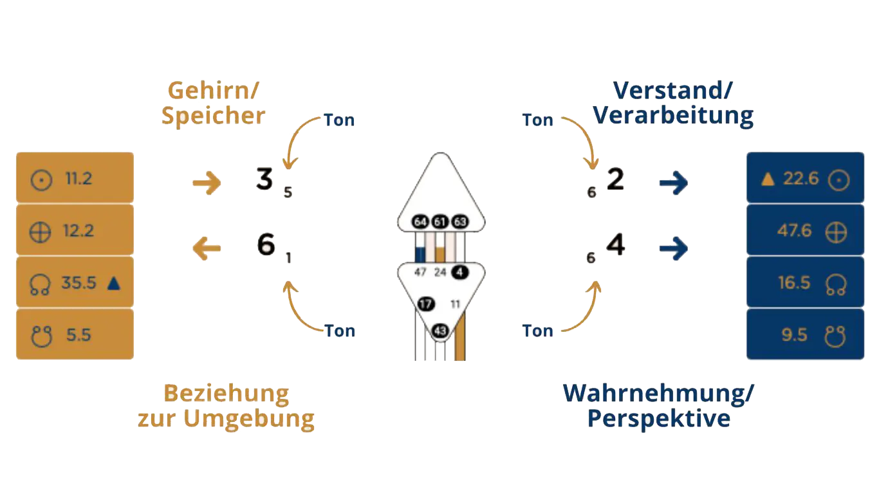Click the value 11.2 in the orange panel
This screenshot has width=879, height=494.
pos(79,179)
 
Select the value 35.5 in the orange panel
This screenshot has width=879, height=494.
pos(79,283)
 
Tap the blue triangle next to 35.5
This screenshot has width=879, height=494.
pos(115,283)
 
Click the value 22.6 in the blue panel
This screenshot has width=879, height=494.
pos(800,179)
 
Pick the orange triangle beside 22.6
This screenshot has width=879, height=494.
pos(767,179)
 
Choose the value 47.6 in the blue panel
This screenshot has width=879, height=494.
pos(794,230)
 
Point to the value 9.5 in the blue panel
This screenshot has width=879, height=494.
pos(794,335)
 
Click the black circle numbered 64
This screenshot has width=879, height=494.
pos(421,222)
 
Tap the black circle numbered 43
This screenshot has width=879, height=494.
pos(440,331)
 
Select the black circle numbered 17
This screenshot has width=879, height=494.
pos(425,304)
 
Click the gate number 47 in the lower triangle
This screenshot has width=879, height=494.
pos(421,272)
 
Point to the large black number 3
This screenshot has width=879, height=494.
pos(264,179)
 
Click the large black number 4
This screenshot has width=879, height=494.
pos(616,246)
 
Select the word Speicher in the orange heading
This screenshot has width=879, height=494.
pos(213,116)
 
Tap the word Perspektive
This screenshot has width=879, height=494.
pos(659,419)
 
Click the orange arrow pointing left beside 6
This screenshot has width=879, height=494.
pos(207,248)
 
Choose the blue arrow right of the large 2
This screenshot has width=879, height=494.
pos(674,184)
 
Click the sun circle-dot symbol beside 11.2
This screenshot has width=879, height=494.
pos(41,179)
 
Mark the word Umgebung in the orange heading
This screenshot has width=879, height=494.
pos(250,419)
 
